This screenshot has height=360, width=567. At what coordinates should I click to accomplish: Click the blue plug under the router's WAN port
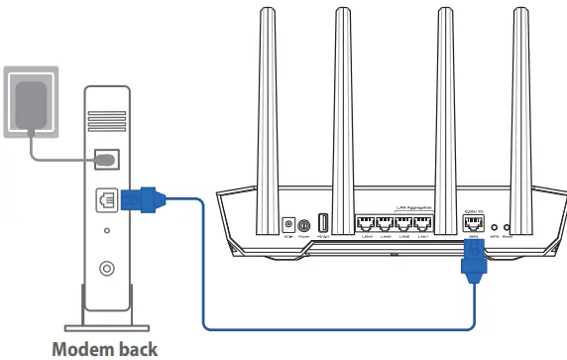473,266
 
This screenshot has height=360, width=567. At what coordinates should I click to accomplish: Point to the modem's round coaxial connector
106,268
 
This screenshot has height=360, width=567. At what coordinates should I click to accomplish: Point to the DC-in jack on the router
288,226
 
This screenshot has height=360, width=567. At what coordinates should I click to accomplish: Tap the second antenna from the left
345,99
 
